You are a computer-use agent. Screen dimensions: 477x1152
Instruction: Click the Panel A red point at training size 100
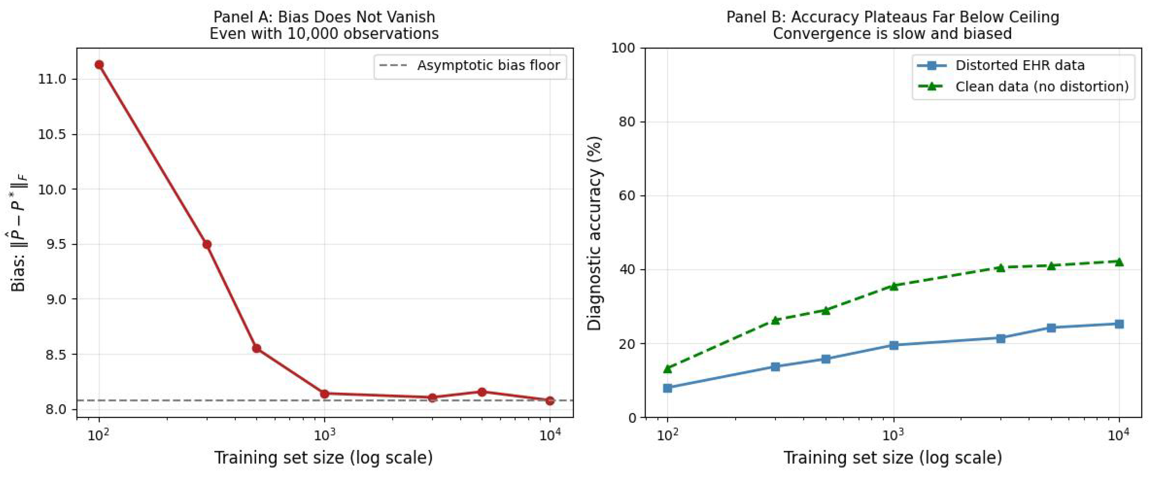pyautogui.click(x=99, y=65)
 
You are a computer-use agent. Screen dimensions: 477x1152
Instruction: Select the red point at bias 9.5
pyautogui.click(x=207, y=245)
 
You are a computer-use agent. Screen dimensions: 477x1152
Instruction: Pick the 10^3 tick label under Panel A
pyautogui.click(x=325, y=435)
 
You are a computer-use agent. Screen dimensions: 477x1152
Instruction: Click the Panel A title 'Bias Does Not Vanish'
pyautogui.click(x=324, y=17)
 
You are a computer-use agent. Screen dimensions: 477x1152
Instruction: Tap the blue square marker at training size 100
pyautogui.click(x=668, y=388)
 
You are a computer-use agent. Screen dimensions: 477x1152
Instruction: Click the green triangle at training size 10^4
pyautogui.click(x=1119, y=262)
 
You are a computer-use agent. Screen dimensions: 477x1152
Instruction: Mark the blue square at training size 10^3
pyautogui.click(x=894, y=345)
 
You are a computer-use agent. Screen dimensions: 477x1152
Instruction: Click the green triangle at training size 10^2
pyautogui.click(x=668, y=369)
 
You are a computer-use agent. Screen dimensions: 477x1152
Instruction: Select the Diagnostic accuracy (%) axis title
pyautogui.click(x=595, y=232)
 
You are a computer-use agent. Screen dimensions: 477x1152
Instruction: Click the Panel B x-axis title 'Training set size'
pyautogui.click(x=893, y=458)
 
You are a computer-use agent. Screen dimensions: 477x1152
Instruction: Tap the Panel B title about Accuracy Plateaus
pyautogui.click(x=893, y=17)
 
